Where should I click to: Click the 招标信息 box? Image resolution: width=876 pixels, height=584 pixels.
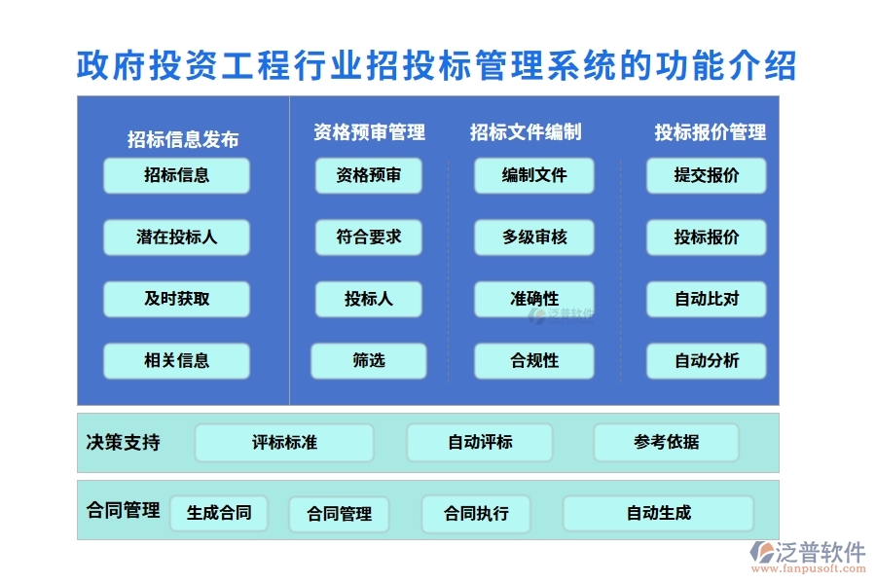[x=176, y=176]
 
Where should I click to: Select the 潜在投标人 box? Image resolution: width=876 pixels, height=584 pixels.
[x=176, y=237]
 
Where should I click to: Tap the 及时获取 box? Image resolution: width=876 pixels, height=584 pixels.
[x=176, y=299]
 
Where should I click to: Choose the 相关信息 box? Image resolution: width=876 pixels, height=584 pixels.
[x=176, y=361]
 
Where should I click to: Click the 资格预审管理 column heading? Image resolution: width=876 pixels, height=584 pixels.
[x=369, y=132]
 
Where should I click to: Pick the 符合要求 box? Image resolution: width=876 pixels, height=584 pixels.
[x=368, y=237]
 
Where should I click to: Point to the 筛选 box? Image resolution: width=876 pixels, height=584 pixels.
[x=368, y=361]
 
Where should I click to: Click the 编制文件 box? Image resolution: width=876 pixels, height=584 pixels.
[x=533, y=176]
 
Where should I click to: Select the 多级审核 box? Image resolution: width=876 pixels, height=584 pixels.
[x=533, y=237]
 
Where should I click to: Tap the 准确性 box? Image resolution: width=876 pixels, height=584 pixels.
[x=533, y=299]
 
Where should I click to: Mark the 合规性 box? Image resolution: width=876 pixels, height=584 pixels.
[x=533, y=361]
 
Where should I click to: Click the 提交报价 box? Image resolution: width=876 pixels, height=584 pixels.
[x=706, y=176]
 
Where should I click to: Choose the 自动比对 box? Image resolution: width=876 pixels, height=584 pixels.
[x=706, y=299]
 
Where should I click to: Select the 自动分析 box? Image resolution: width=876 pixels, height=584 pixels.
[x=706, y=361]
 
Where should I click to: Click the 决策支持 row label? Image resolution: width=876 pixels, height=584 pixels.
[x=123, y=443]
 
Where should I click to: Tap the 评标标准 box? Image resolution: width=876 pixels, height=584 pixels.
[x=284, y=443]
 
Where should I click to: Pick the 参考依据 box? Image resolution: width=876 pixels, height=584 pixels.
[x=666, y=443]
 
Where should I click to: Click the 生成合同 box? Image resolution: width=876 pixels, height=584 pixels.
[x=219, y=513]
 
